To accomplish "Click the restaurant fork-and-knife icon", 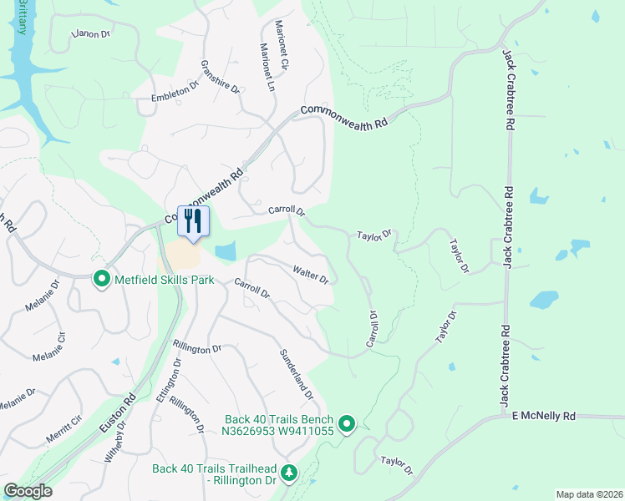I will (193, 221).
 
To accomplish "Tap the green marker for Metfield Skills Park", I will (103, 279).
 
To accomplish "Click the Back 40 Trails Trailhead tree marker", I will (288, 473).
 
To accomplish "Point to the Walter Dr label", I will (310, 274).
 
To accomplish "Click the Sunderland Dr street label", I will (297, 373).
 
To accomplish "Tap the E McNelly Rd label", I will (544, 416).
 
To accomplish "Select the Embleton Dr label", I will (175, 92).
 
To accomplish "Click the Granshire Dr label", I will (220, 77).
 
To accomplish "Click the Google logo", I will (28, 491).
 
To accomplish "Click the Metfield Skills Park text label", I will (165, 279).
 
